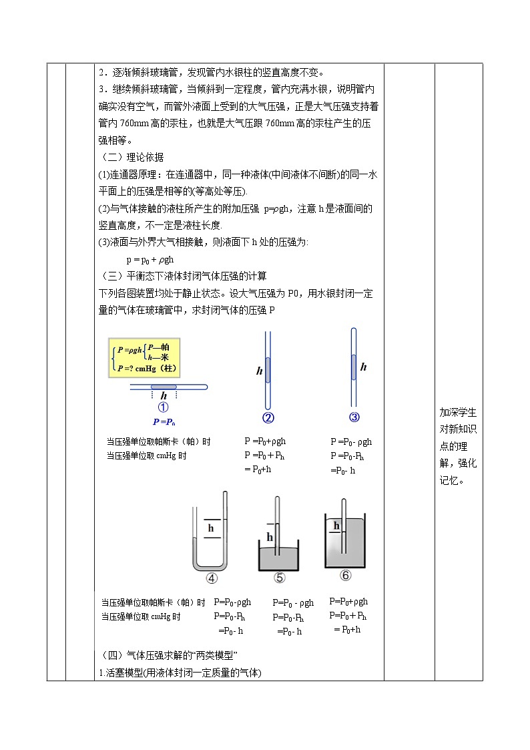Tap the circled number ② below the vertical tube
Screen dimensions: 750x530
[268, 419]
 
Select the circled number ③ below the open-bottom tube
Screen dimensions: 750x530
[354, 417]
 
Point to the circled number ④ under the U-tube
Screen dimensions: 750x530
[212, 578]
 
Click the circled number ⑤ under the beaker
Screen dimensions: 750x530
[279, 578]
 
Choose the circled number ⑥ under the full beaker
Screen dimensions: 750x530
[345, 575]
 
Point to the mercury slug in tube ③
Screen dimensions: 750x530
[354, 366]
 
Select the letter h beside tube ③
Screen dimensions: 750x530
[364, 367]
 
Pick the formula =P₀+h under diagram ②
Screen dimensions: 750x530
[258, 470]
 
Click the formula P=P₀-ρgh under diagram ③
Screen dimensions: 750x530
[351, 441]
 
